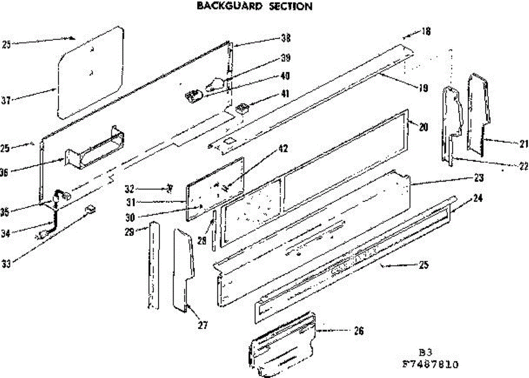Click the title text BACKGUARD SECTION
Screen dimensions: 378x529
point(254,6)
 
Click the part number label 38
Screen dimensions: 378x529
point(285,38)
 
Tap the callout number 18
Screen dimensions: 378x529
point(425,31)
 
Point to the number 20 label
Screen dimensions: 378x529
point(423,127)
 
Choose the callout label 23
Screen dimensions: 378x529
point(479,178)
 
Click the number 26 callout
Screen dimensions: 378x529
point(359,331)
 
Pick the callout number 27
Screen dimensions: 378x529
point(203,326)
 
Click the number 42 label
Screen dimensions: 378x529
point(283,149)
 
